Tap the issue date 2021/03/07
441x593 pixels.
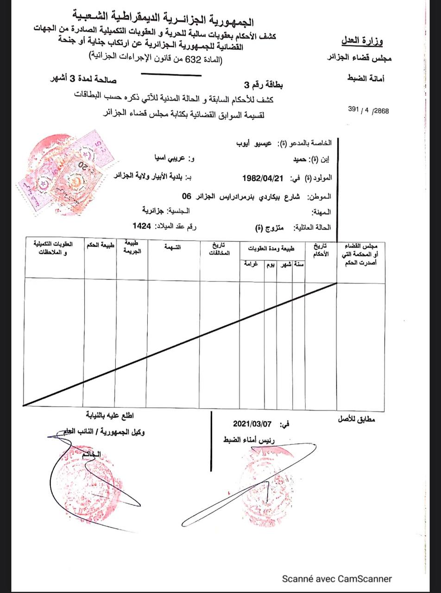pyautogui.click(x=252, y=423)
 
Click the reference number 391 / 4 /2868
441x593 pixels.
pyautogui.click(x=368, y=110)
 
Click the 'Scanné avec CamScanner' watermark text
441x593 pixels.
pyautogui.click(x=337, y=579)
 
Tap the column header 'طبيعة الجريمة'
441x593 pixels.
pyautogui.click(x=132, y=247)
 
